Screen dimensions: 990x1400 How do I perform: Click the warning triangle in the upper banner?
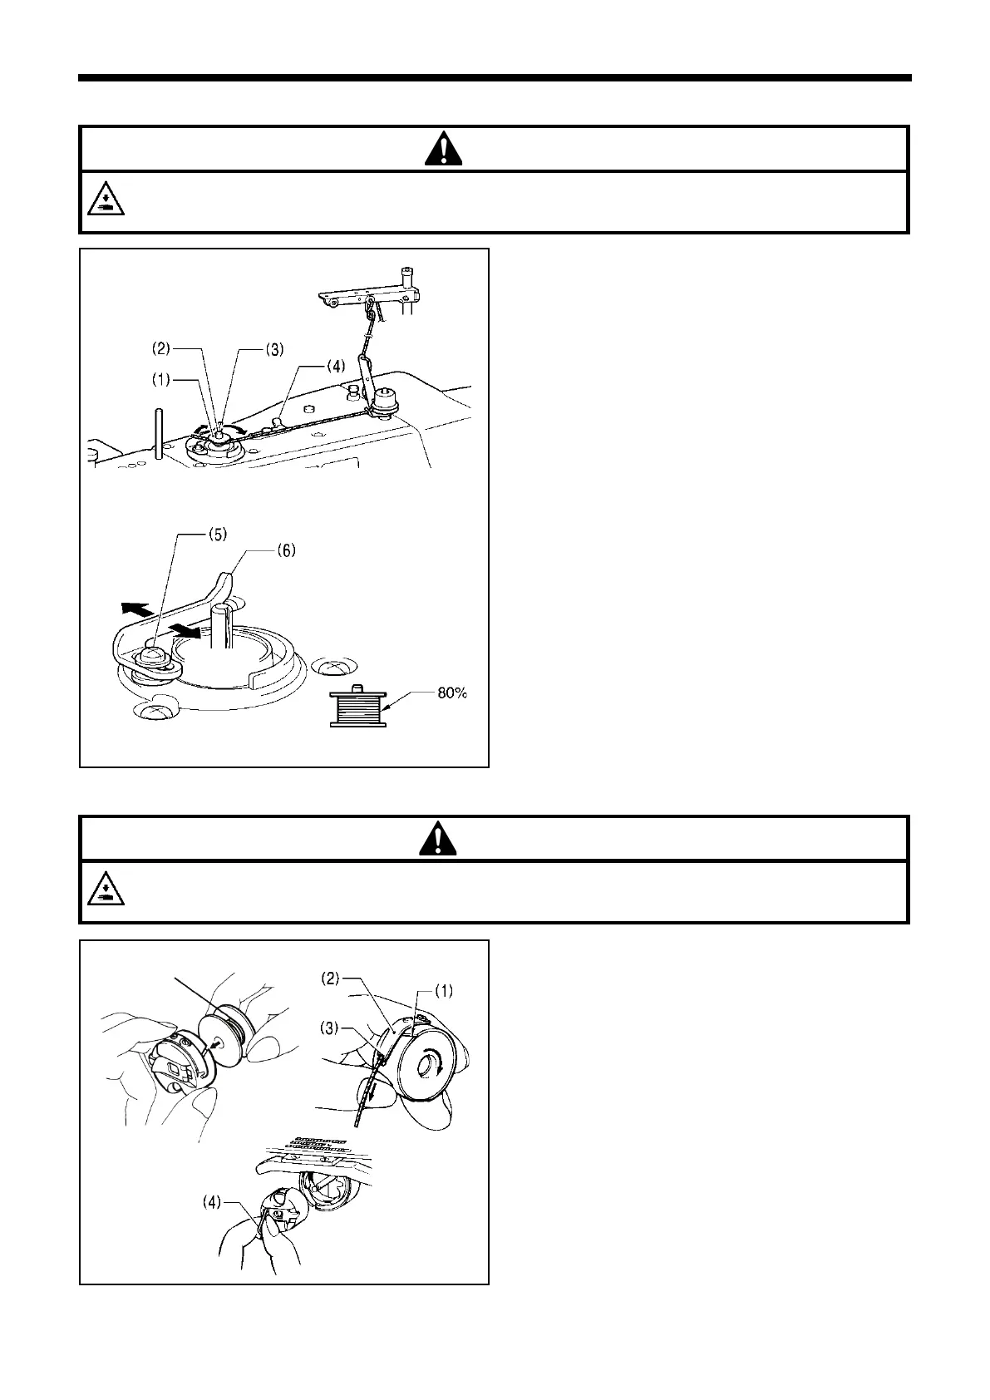(x=446, y=149)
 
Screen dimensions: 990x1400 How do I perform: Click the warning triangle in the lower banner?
(x=439, y=839)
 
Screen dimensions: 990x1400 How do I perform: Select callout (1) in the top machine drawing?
(x=160, y=379)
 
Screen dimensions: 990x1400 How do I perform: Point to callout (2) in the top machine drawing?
(x=160, y=349)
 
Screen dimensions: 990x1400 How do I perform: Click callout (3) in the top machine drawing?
(x=273, y=349)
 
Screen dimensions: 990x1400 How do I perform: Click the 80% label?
(x=452, y=693)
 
